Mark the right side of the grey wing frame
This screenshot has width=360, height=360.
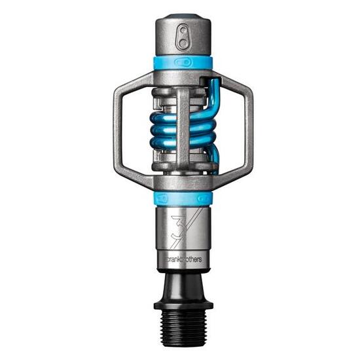[x=248, y=131]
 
